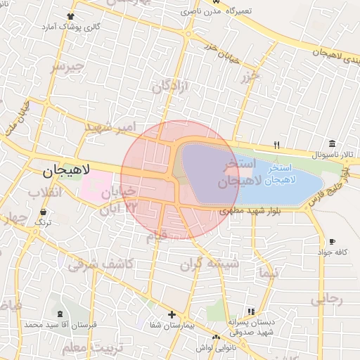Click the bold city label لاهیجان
point(65,170)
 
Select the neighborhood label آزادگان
point(172,85)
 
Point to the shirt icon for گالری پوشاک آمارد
point(70,16)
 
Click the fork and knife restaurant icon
point(277,145)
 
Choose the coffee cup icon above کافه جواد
point(332,242)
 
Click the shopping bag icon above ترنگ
point(44,211)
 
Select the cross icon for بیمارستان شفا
point(172,314)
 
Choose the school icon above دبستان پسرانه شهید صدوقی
point(250,311)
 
